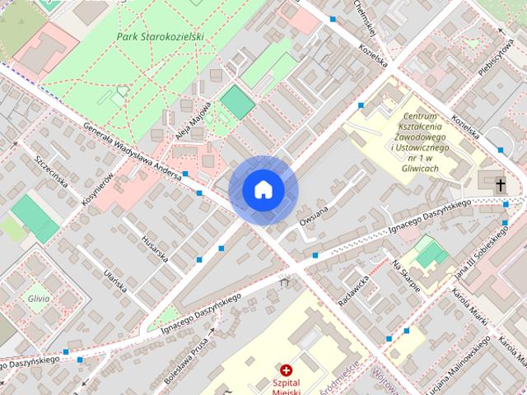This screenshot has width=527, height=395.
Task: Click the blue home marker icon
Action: (x=263, y=189)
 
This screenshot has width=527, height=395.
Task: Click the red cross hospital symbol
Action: (x=287, y=371)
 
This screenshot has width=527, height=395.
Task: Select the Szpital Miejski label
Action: (x=287, y=388)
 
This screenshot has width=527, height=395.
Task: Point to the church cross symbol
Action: (x=501, y=184)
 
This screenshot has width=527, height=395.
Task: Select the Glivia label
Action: (x=38, y=298)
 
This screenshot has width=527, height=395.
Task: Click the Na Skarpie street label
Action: (x=406, y=275)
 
